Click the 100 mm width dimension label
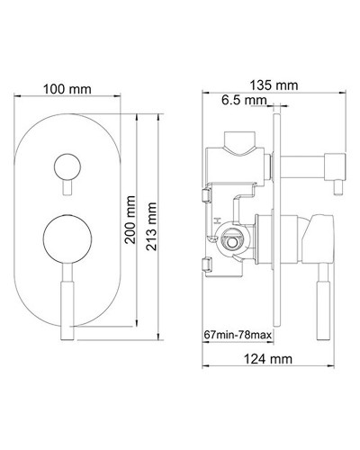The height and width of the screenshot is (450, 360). (x=66, y=89)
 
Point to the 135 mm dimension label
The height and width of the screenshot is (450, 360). (x=271, y=84)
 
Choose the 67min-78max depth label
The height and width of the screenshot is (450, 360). (x=238, y=337)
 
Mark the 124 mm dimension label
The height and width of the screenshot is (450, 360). (x=271, y=360)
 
